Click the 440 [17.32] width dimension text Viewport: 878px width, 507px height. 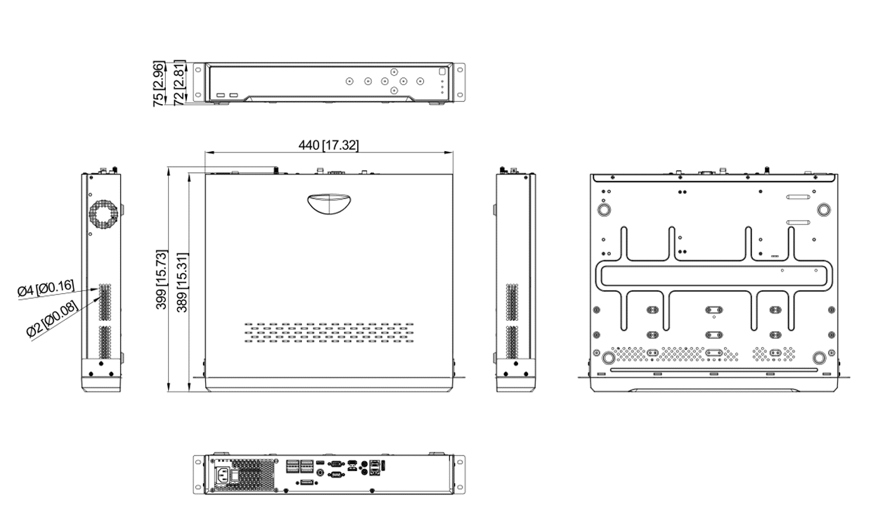(328, 146)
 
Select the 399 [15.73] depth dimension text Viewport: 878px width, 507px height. (161, 280)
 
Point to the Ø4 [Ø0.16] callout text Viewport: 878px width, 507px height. (45, 288)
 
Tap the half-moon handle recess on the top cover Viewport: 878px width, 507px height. (328, 204)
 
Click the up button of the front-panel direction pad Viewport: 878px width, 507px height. (394, 70)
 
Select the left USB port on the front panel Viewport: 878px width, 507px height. (220, 94)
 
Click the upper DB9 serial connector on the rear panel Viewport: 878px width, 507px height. (335, 464)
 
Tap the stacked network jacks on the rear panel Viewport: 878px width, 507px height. (377, 467)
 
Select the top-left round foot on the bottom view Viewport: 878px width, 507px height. (603, 210)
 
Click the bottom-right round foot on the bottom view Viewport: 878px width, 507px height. (820, 357)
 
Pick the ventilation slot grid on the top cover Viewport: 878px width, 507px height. (329, 332)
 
